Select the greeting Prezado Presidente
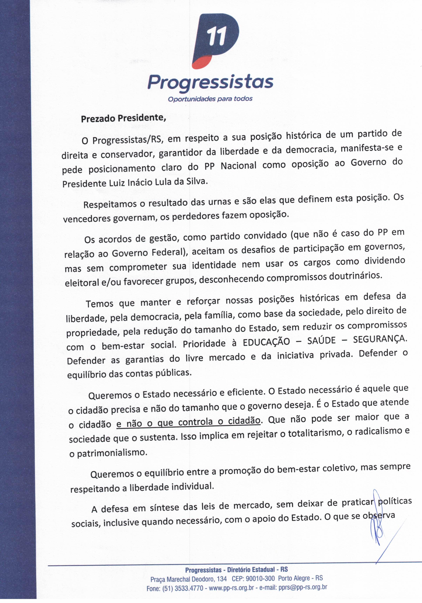(x=123, y=118)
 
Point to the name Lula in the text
(x=164, y=182)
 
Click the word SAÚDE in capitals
(x=321, y=341)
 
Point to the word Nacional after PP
(x=238, y=166)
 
